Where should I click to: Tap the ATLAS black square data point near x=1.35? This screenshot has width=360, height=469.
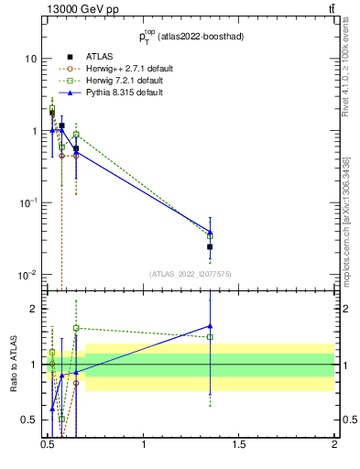[210, 246]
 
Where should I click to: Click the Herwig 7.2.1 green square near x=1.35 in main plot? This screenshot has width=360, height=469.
[210, 236]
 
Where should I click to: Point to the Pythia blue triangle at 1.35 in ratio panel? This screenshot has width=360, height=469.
[210, 325]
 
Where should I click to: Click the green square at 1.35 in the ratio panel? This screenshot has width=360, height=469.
[210, 337]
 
